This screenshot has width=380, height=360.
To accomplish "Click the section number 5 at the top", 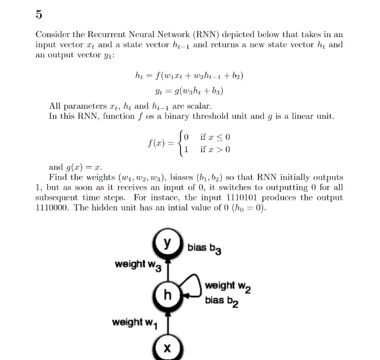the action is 39,14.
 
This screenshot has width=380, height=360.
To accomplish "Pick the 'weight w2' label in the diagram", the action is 227,286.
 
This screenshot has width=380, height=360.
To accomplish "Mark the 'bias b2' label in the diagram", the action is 222,301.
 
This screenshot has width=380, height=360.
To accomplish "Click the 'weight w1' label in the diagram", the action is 135,322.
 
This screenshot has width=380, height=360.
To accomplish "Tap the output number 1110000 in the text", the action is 52,208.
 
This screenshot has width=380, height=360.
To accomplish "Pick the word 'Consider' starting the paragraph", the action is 53,35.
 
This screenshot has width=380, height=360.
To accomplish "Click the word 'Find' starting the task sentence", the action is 58,178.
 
